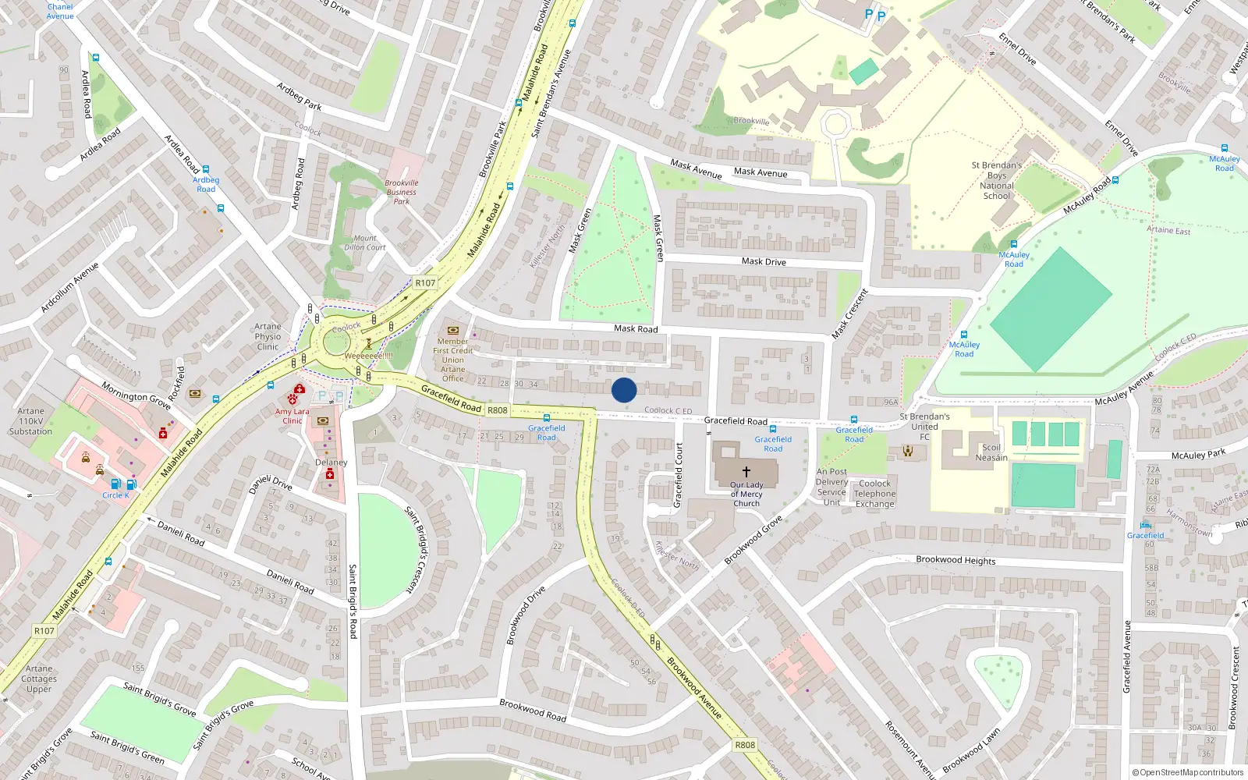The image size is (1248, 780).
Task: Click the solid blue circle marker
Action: [624, 390]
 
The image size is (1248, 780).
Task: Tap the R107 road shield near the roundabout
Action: [425, 283]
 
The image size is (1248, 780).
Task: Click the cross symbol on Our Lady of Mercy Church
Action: [746, 472]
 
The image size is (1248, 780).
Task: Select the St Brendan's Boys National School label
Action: [996, 180]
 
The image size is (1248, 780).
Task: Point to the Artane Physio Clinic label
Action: [268, 337]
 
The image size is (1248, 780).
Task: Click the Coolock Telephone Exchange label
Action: [874, 494]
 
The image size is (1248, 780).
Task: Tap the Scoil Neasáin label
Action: [991, 452]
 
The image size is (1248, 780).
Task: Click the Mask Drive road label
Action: [764, 261]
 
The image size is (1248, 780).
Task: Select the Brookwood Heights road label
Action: [955, 560]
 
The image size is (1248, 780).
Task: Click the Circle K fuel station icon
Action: [115, 484]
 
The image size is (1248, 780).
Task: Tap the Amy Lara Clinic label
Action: [292, 416]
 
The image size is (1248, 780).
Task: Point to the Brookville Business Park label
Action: [401, 192]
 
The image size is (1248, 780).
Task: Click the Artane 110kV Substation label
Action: [30, 421]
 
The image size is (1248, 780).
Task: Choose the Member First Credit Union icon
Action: [452, 330]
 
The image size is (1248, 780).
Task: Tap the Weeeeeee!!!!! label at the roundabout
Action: [368, 356]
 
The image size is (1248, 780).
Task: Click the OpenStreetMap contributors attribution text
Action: [1187, 772]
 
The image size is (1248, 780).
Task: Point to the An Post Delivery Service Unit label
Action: [831, 487]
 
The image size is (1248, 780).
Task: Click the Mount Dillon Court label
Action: [365, 243]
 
